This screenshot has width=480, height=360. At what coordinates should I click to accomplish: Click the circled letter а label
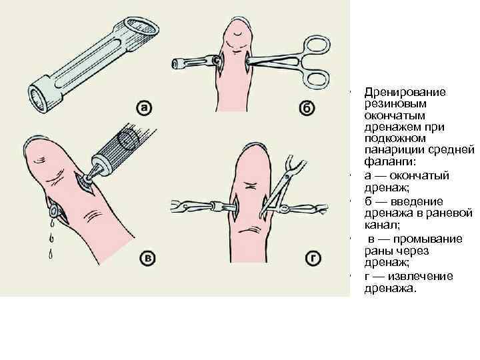pos(143,107)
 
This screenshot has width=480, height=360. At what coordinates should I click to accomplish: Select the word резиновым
pos(389,105)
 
